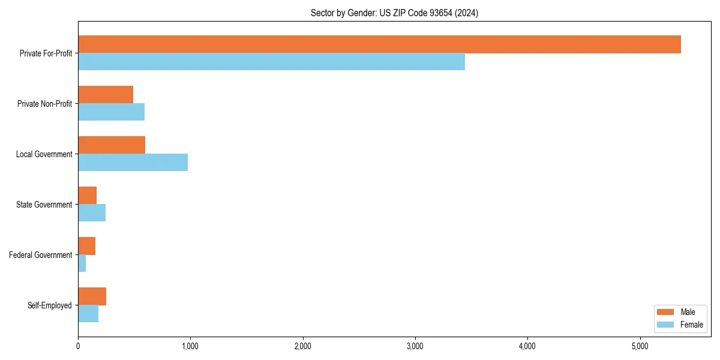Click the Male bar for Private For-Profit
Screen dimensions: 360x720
tap(379, 44)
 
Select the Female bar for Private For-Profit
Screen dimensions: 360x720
tap(271, 62)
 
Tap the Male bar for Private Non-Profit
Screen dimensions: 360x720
tap(106, 95)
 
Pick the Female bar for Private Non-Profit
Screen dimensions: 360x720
tap(111, 112)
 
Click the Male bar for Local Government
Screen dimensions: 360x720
tap(112, 145)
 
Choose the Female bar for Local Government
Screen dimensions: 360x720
tap(133, 163)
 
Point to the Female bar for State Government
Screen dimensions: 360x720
tap(92, 213)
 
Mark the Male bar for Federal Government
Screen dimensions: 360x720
tap(86, 246)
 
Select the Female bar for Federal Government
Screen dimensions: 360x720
tap(82, 263)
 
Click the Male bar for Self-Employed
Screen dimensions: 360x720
tap(92, 296)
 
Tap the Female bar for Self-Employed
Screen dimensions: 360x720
tap(88, 314)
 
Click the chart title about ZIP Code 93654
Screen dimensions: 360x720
tap(394, 13)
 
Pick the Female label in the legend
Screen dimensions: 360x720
tap(691, 325)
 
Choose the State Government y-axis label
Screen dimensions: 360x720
tap(44, 205)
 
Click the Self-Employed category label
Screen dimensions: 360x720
tap(50, 305)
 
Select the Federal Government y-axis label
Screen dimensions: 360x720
tap(41, 255)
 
